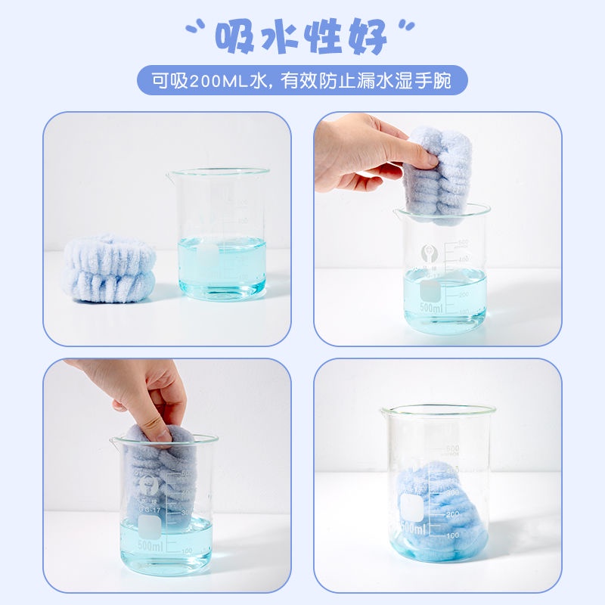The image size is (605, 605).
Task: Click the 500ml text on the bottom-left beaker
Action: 150,545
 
